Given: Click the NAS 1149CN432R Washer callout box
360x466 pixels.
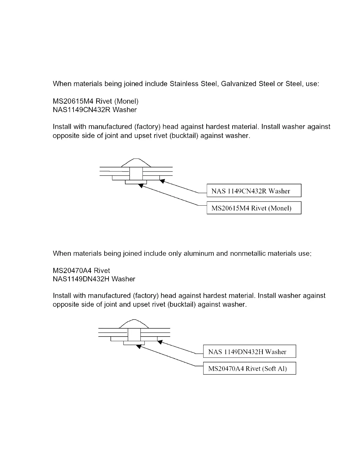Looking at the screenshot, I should pos(254,191).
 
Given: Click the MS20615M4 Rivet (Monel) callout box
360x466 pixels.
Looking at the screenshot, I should pos(254,208).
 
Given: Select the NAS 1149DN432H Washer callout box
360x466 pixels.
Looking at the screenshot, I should pos(249,352).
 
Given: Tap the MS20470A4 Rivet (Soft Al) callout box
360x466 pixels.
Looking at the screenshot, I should pos(249,368).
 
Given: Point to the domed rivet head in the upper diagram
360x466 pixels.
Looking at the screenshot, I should pos(136,163).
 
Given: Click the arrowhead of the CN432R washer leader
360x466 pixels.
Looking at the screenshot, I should pos(162,181).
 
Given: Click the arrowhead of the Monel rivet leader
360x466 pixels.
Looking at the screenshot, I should pos(141,185).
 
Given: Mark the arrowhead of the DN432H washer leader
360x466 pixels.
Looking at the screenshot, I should pos(160,342).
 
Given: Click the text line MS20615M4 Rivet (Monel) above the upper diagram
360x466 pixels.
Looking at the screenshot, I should pos(96,101).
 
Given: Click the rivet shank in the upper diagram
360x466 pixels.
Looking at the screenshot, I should pos(136,174).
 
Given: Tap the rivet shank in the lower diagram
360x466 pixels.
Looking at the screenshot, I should pos(134,335).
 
